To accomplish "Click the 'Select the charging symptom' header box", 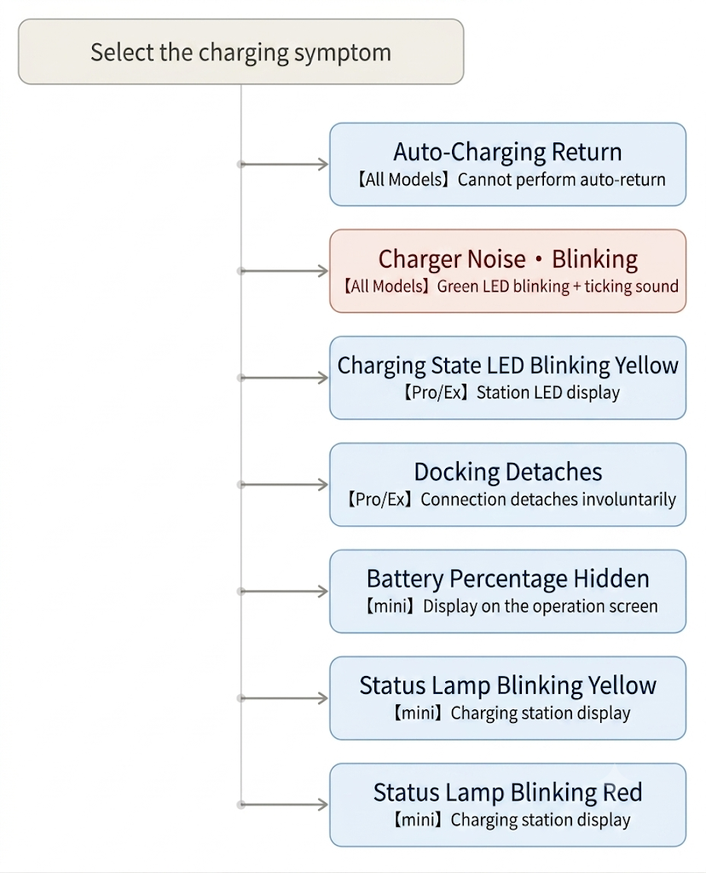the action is pos(240,52).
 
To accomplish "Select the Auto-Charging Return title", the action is pos(507,152).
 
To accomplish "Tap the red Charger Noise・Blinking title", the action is pos(508,259).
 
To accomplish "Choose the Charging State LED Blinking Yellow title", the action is pos(508,366).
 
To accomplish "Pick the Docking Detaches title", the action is pos(508,472).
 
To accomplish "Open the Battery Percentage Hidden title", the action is pos(508,579).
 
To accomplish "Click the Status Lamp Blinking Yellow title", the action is pos(508,686).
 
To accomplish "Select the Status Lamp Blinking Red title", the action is pos(508,792).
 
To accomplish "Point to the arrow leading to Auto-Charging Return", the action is pos(283,165).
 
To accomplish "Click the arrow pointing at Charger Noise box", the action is pos(283,271).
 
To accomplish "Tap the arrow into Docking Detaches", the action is pos(283,484).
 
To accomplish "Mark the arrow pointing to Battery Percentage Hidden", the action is pos(283,592).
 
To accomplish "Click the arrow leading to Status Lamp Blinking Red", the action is pos(283,805).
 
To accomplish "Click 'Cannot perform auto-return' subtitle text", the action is pos(561,180).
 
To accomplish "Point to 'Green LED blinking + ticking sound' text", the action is pos(558,286).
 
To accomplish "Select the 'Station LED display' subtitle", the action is pos(548,393).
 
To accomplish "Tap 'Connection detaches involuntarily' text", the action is pos(548,500).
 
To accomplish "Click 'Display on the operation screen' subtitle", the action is pos(540,606).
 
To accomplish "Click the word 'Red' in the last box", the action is pos(622,792).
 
